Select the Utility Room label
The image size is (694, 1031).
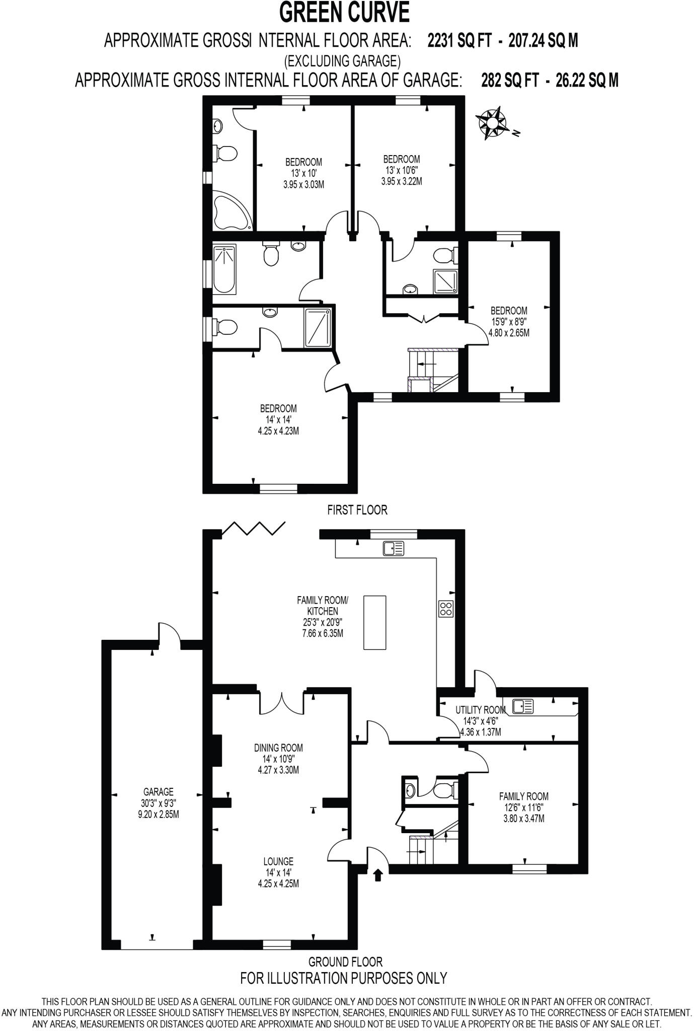tap(480, 710)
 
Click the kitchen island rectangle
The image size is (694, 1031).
tap(375, 622)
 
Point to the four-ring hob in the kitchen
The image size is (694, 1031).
tap(446, 609)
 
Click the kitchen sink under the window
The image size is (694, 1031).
tap(394, 548)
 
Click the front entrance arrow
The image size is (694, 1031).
tap(378, 875)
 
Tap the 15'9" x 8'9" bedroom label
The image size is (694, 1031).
tap(509, 322)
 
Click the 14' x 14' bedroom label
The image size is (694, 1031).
tap(278, 419)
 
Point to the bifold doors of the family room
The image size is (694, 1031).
tap(254, 528)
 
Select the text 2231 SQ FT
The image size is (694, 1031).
tap(459, 41)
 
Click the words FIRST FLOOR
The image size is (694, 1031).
tap(357, 510)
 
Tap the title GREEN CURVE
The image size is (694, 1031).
tap(345, 13)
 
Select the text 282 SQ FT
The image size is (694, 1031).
tap(510, 81)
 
